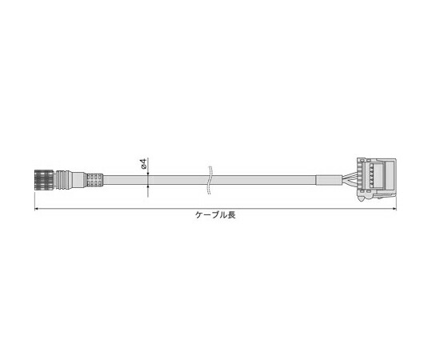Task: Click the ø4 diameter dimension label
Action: [x=143, y=164]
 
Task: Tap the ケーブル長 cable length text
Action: [x=215, y=215]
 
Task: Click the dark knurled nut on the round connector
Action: [x=46, y=179]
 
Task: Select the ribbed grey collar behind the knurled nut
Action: [x=63, y=179]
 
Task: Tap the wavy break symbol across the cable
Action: [x=210, y=180]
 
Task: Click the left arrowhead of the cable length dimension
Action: [x=36, y=209]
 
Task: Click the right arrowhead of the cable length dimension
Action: [x=394, y=209]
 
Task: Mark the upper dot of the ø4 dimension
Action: [x=148, y=174]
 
